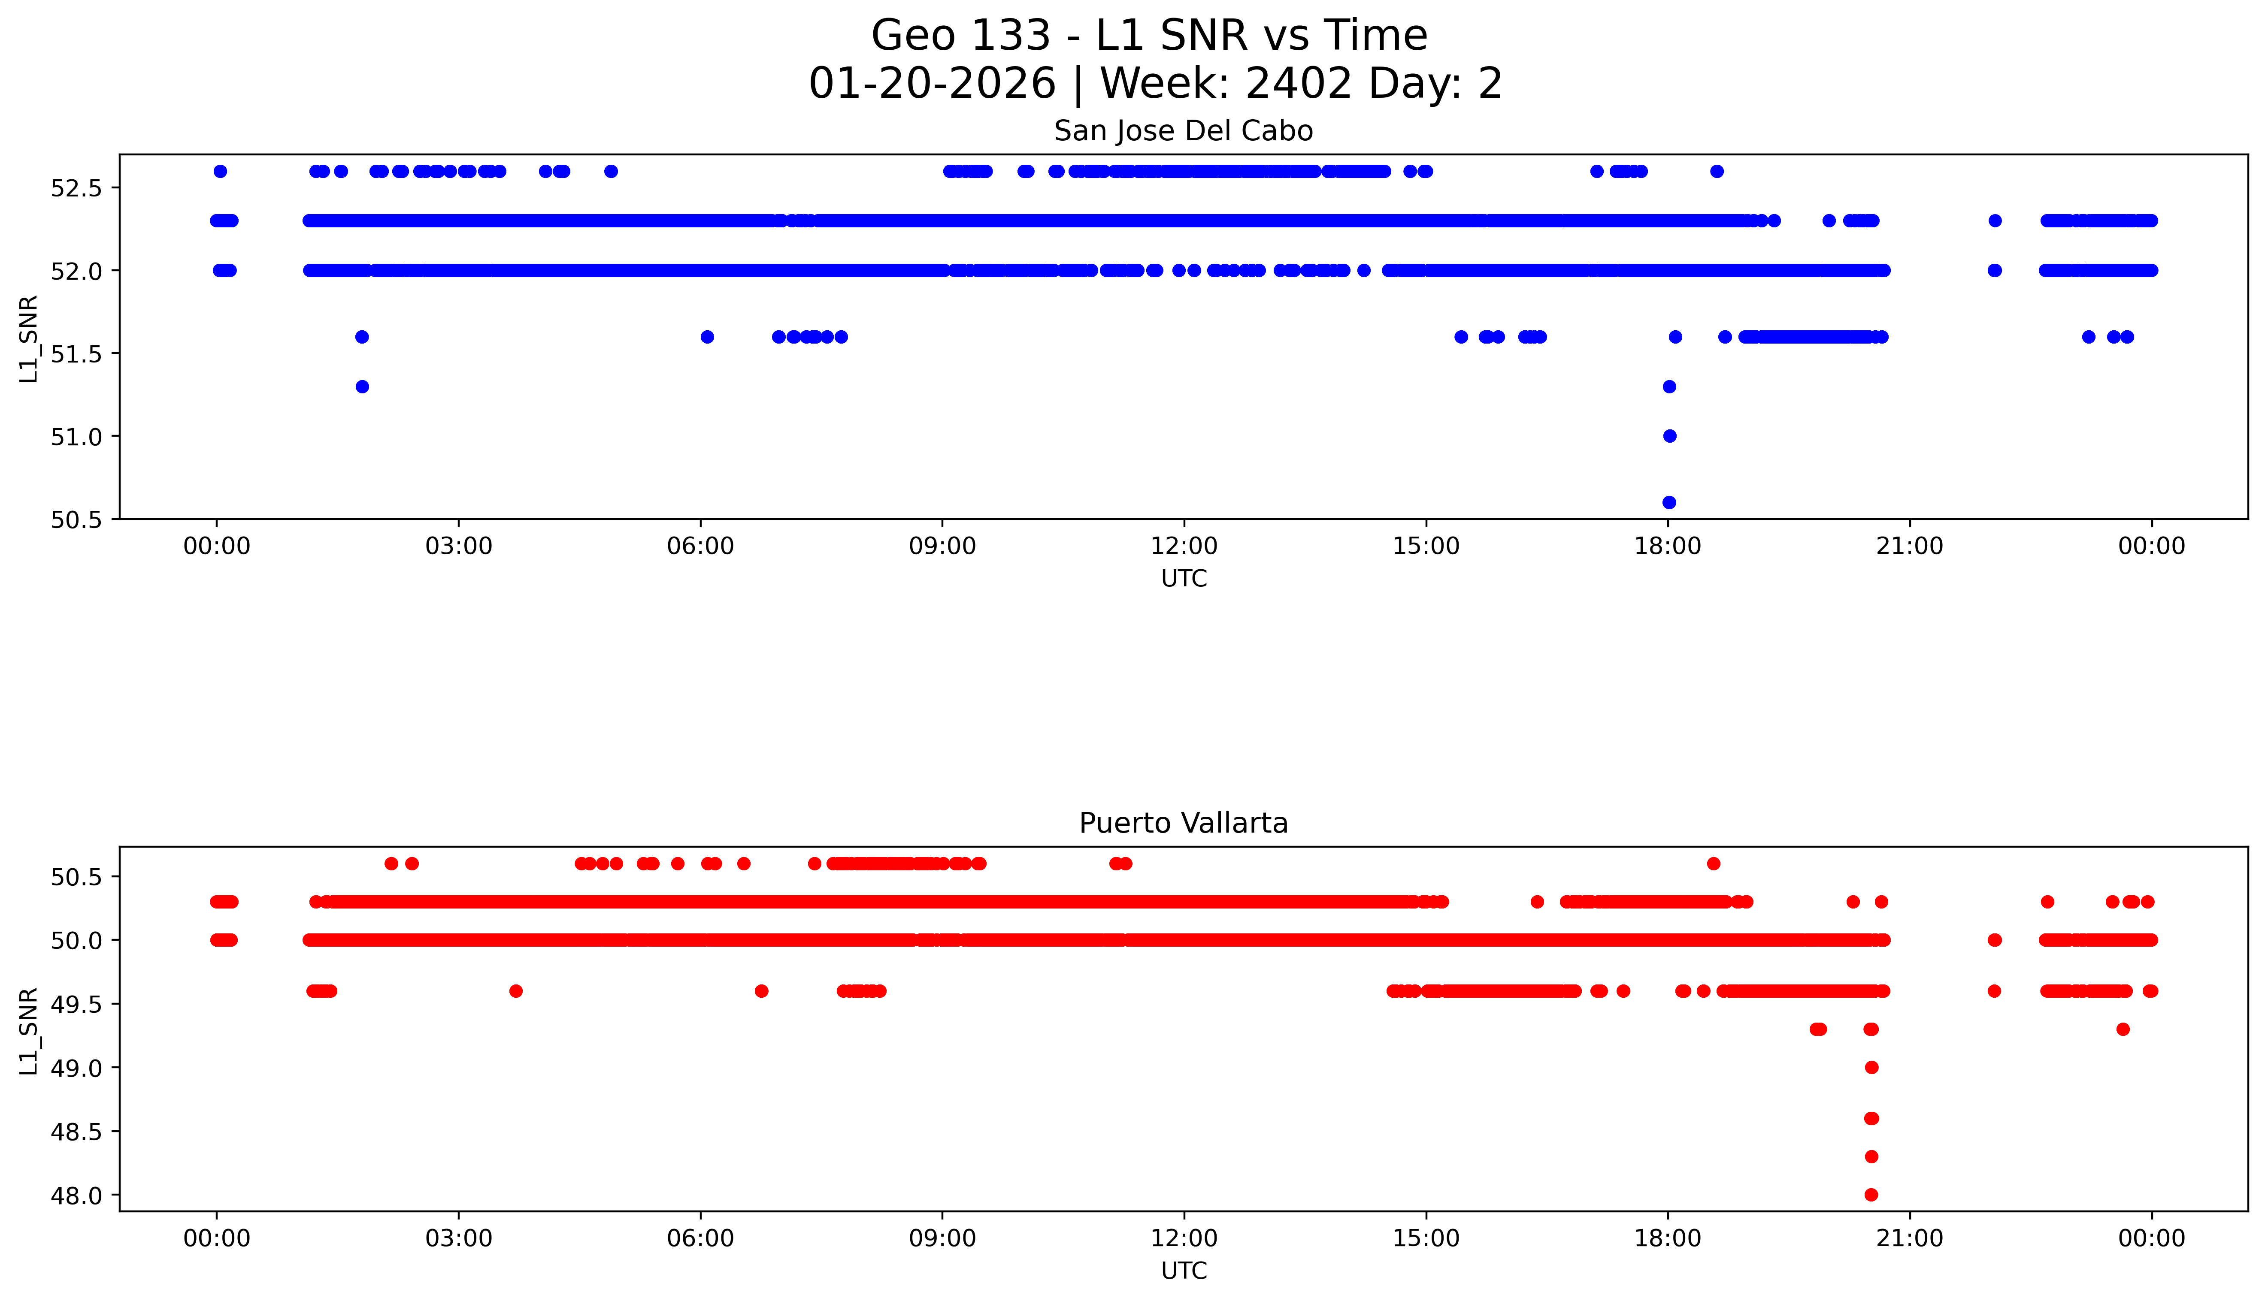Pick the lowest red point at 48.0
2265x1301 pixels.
pos(1871,1195)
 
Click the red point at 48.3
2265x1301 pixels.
pos(1871,1156)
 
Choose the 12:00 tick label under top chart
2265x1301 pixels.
pos(1184,546)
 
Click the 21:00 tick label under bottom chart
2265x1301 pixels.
pos(1909,1238)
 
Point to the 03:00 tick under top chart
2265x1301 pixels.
pos(459,546)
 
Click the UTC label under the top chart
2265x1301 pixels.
pos(1184,579)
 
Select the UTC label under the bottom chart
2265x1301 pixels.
pos(1184,1271)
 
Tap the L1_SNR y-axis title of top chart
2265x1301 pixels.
pos(29,340)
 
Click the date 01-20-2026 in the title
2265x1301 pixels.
pos(932,84)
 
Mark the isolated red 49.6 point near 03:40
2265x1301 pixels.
pos(516,991)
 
